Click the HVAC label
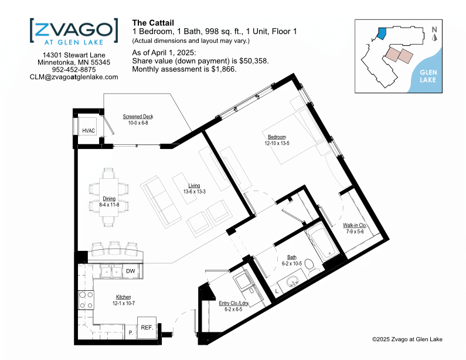tap(89, 131)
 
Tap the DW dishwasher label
tap(131, 271)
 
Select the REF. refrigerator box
tap(147, 328)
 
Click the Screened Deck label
tap(138, 117)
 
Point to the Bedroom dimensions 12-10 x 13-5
tap(277, 143)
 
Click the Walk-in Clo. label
tap(355, 225)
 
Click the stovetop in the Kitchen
tap(86, 300)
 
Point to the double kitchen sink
tap(112, 271)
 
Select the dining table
tap(109, 197)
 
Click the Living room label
tap(194, 185)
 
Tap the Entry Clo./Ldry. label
tap(234, 303)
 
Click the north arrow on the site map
tap(434, 38)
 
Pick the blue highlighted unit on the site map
tap(382, 33)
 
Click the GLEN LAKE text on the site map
tap(428, 76)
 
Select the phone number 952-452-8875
tap(74, 70)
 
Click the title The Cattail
tap(153, 23)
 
